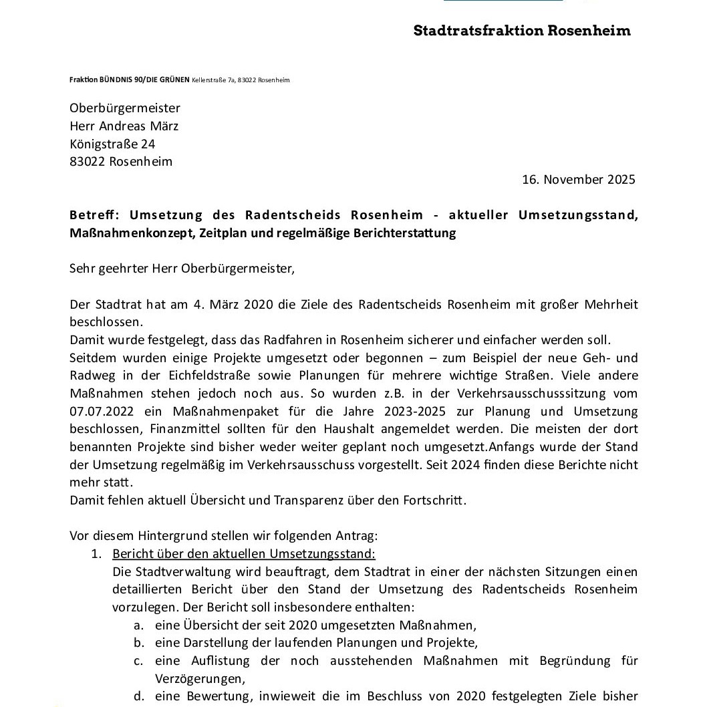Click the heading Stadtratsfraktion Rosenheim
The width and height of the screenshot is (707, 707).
point(522,31)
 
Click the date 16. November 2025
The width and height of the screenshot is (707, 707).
point(579,179)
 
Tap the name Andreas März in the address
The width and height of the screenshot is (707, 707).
point(139,126)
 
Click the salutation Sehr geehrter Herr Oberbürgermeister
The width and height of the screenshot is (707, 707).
point(181,269)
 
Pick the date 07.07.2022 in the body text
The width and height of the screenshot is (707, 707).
point(102,411)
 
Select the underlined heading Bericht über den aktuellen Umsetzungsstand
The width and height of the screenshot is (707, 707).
point(244,554)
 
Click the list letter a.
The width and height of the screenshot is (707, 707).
point(138,625)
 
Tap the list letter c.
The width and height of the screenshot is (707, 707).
point(138,661)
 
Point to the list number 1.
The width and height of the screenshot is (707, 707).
point(96,554)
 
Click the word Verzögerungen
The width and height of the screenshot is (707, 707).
point(198,678)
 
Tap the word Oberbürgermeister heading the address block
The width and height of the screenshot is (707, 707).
point(125,108)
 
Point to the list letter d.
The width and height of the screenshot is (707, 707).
point(138,696)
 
